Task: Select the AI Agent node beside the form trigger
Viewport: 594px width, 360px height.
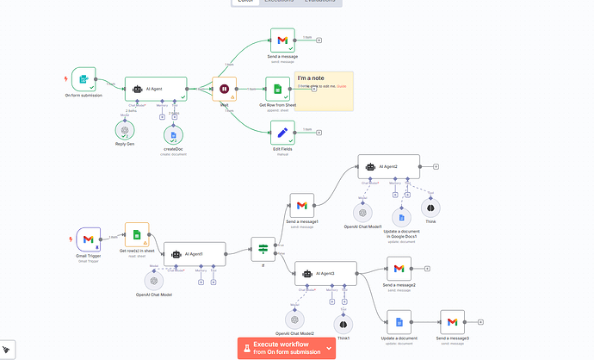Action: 156,88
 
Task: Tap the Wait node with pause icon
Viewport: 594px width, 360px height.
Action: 224,89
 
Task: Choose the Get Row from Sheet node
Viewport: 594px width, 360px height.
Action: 277,89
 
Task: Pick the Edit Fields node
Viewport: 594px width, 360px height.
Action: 282,132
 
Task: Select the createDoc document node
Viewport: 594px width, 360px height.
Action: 174,133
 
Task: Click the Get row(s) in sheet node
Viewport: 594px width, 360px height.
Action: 137,235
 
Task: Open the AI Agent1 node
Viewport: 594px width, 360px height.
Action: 195,253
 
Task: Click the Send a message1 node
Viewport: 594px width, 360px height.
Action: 301,205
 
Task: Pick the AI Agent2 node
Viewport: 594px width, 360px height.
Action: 388,166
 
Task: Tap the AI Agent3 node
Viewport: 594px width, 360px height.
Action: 325,273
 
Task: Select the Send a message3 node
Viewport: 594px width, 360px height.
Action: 452,322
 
